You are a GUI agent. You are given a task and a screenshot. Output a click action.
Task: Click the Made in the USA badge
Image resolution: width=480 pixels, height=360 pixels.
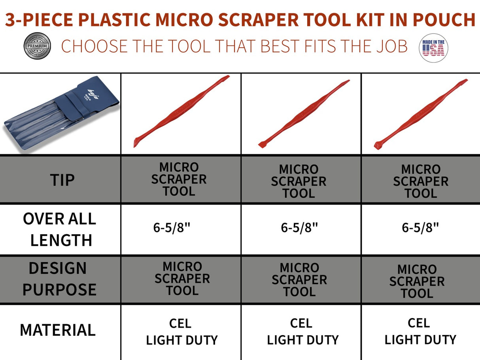point(433,47)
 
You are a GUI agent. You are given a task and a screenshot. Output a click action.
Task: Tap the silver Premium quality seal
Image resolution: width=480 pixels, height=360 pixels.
point(37,46)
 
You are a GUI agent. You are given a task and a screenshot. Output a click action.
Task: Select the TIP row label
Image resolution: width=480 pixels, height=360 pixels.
point(62,180)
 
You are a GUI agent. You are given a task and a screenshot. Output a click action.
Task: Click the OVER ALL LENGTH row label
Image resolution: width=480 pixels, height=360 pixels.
point(60,229)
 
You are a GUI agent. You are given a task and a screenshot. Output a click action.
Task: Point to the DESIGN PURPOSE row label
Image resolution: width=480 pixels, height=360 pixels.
point(59,279)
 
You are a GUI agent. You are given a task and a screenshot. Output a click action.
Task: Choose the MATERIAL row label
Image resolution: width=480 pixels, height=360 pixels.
point(58,330)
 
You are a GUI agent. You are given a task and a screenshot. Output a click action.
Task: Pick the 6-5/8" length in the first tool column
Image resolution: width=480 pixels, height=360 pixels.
point(172,228)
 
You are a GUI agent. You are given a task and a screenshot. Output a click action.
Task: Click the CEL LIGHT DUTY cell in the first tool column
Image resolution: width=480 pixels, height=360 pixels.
point(181,332)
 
